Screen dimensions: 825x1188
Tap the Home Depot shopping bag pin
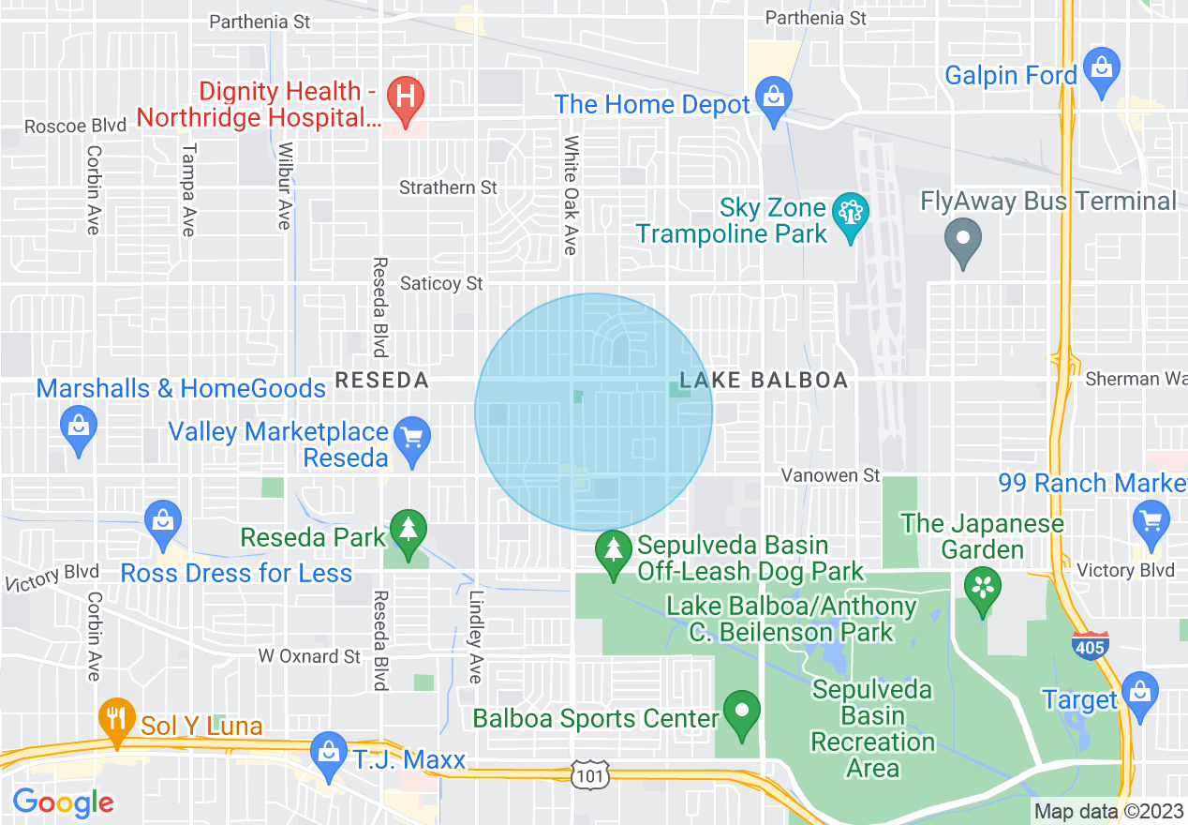[774, 98]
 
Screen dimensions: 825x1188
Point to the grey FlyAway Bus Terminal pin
[963, 240]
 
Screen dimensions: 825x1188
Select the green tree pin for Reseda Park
[408, 532]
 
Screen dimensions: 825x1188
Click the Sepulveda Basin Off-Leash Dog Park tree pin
[614, 551]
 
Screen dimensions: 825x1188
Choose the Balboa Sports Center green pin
[743, 712]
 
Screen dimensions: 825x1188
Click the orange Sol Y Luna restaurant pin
[117, 720]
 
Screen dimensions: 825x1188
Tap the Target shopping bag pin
[1139, 694]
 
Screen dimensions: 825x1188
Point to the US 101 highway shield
[591, 774]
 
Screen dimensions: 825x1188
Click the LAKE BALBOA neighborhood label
[764, 380]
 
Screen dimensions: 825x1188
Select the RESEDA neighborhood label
[381, 380]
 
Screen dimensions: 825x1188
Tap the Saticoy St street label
[441, 282]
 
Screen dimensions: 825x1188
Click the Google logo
[63, 802]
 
